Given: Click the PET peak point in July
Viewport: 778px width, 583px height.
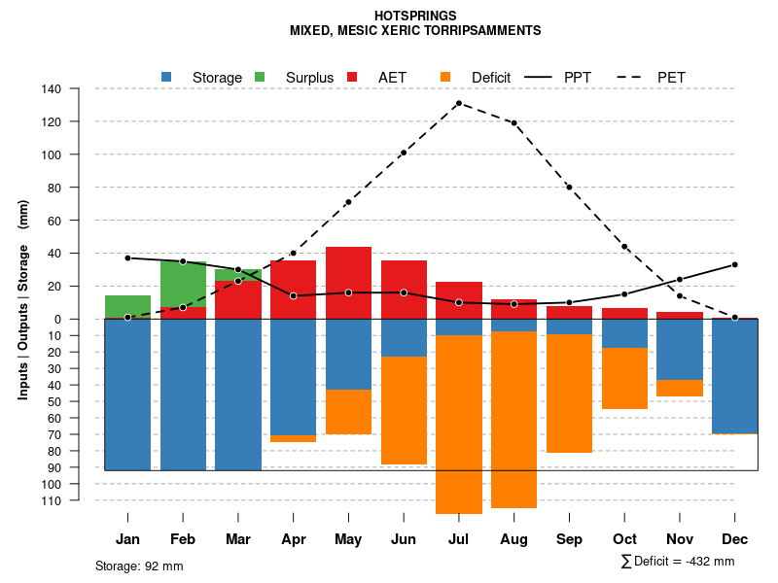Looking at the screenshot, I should pos(458,103).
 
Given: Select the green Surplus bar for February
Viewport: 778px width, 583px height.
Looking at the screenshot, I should pos(183,284).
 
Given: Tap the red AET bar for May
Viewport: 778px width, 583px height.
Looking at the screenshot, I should pos(348,283).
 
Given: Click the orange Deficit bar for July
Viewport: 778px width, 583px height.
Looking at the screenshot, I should pos(458,424).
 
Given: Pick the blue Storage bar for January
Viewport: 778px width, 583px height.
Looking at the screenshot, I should pos(127,394).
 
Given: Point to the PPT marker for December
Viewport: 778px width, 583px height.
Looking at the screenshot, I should pos(734,264).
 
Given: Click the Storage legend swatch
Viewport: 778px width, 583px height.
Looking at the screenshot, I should pos(167,77).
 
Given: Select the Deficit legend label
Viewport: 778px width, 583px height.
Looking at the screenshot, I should pos(491,77).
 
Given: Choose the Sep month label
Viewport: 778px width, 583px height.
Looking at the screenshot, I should pos(569,539).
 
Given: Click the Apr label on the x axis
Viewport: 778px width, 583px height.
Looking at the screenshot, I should pos(293,539).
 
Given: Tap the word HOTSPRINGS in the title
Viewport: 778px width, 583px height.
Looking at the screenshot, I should pos(414,16).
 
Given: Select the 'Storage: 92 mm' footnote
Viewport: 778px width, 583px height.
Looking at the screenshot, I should pos(139,566).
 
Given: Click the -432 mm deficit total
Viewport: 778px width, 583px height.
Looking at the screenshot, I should pos(708,561).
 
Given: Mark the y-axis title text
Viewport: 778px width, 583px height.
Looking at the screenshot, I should pos(23,306).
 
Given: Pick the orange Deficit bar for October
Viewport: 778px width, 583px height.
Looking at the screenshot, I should pos(624,378).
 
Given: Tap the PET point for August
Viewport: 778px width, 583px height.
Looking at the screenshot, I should pos(513,123).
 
